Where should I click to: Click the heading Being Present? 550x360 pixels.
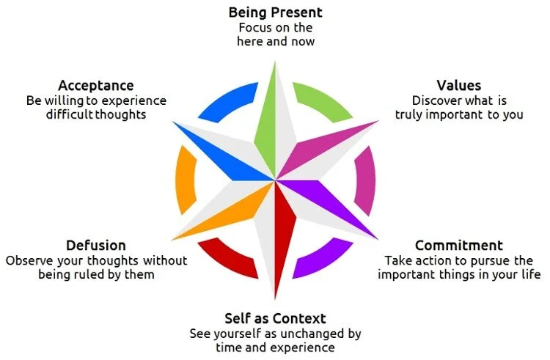tap(275, 12)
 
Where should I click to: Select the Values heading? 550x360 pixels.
tap(459, 85)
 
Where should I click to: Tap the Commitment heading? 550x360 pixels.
tap(459, 246)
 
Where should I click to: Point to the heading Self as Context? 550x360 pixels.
tap(275, 318)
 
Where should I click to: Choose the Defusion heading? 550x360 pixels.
tap(95, 246)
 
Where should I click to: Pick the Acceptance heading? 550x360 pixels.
tap(95, 85)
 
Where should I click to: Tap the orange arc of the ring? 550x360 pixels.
tap(184, 180)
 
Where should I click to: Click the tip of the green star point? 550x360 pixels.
tap(275, 62)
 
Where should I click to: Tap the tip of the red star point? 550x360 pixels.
tap(276, 298)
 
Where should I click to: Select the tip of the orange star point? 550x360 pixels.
tap(174, 238)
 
